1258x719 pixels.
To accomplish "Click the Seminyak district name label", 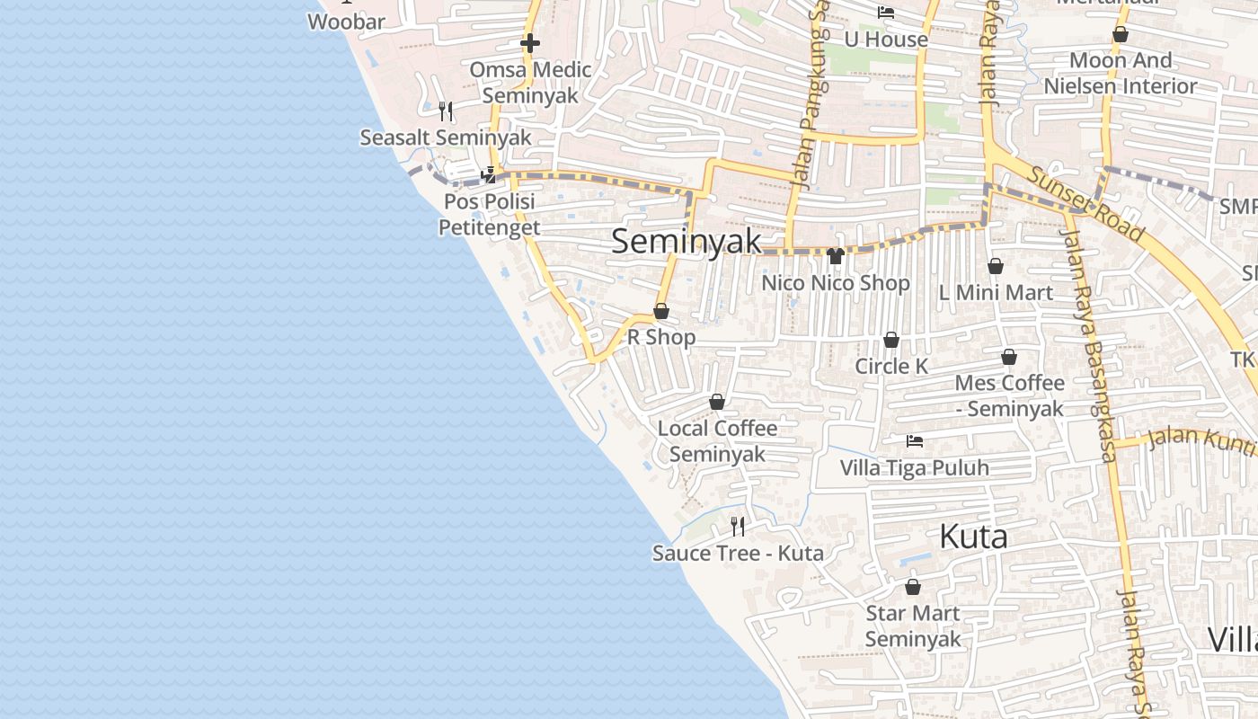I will click(x=687, y=241).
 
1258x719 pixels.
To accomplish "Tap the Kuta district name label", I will click(x=972, y=537).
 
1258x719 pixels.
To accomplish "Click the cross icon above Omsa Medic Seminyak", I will click(x=530, y=43).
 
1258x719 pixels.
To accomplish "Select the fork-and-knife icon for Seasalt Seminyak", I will click(x=446, y=111).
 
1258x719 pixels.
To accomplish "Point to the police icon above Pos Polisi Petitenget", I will click(x=490, y=174).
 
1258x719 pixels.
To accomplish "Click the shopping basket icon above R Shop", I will click(x=661, y=311).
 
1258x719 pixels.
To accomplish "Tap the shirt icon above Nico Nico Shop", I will click(x=836, y=256).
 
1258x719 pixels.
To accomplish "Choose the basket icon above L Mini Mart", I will click(x=996, y=266).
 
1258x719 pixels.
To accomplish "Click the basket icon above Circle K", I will click(x=891, y=340).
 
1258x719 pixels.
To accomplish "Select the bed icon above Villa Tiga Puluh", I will click(x=915, y=441).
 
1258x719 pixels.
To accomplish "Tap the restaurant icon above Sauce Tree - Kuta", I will click(x=738, y=526).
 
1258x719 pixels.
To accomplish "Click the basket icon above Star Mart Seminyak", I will click(x=913, y=587).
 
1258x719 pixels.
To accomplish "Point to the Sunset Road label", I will click(x=1086, y=204).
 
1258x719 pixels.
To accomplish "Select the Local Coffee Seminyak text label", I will click(x=717, y=440).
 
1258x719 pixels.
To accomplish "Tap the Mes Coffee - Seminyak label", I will click(x=1009, y=395).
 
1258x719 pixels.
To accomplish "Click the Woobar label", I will click(x=346, y=22).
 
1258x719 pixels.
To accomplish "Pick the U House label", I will click(x=886, y=40).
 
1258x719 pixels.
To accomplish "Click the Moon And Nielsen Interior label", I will click(x=1120, y=73).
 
